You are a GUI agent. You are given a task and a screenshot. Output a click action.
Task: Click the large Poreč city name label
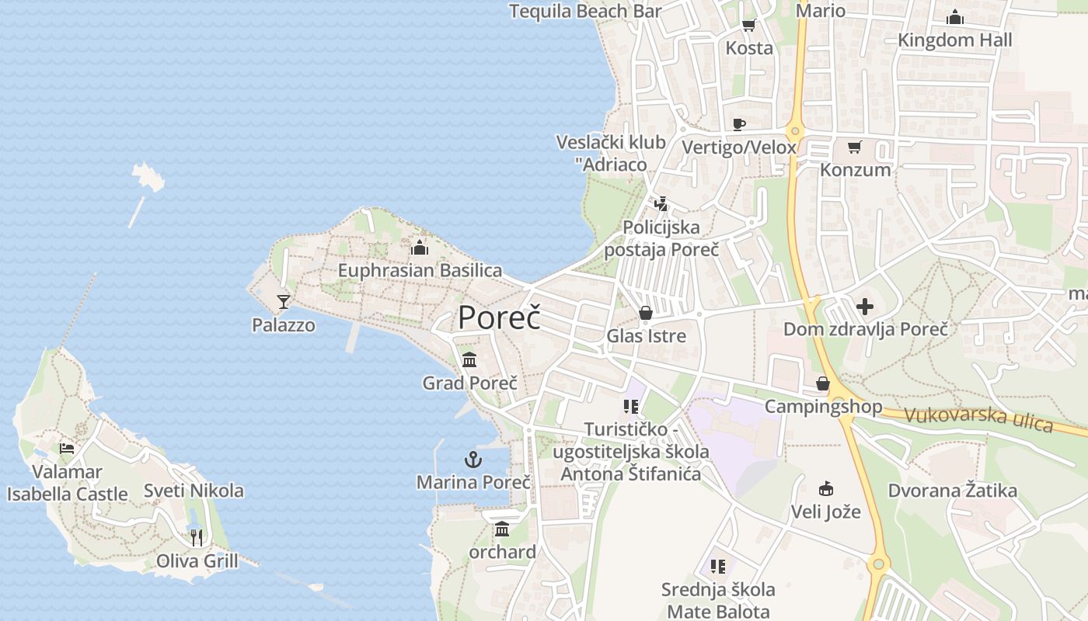tap(499, 317)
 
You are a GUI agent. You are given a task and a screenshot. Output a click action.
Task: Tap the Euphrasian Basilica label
tap(420, 270)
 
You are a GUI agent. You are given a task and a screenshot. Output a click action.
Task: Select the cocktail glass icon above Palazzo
tap(284, 301)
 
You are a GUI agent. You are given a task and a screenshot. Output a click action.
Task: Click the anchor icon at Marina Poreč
tap(473, 460)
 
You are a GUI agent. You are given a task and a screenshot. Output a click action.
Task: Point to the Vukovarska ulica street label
tap(978, 420)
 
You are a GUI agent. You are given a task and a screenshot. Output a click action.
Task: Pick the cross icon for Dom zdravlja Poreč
tap(865, 307)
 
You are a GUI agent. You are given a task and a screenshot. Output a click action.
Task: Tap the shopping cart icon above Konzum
tap(855, 147)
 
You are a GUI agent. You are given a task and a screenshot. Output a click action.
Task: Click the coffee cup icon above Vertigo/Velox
tap(738, 124)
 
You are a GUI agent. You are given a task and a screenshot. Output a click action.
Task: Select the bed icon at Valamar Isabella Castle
tap(67, 449)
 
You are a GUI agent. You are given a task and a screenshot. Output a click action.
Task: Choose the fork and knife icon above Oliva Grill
tap(197, 537)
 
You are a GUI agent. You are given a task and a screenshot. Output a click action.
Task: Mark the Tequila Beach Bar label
tap(585, 11)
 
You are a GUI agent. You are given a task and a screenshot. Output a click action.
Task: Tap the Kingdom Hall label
tap(954, 40)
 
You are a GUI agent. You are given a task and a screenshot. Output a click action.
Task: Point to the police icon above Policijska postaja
tap(661, 204)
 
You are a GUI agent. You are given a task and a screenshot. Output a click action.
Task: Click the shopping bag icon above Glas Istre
tap(645, 313)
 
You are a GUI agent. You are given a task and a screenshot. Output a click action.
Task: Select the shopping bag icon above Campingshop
tap(822, 383)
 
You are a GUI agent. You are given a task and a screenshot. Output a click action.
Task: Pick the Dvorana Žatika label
tap(952, 491)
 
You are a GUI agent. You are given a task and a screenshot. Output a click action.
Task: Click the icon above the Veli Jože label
tap(825, 488)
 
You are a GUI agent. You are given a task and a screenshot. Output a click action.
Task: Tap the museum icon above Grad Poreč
tap(469, 360)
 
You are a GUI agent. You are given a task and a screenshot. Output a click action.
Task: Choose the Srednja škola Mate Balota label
tap(718, 600)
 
